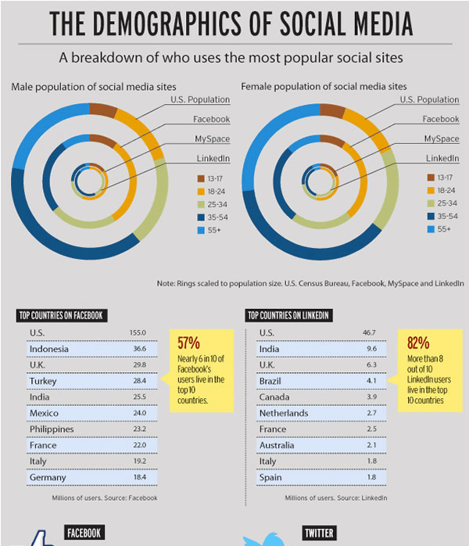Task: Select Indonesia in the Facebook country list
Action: [49, 349]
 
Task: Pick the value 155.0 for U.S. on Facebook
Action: [138, 333]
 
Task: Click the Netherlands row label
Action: [285, 413]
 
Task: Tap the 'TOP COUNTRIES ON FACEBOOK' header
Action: [61, 316]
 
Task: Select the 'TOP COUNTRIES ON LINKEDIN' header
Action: [288, 316]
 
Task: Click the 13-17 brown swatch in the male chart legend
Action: [200, 178]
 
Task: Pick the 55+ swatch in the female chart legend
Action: [430, 228]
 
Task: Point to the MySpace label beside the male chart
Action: [213, 138]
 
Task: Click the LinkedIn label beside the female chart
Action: [442, 158]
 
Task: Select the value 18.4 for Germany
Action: [138, 477]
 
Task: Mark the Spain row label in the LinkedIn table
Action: [270, 477]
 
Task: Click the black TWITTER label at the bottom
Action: [318, 533]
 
